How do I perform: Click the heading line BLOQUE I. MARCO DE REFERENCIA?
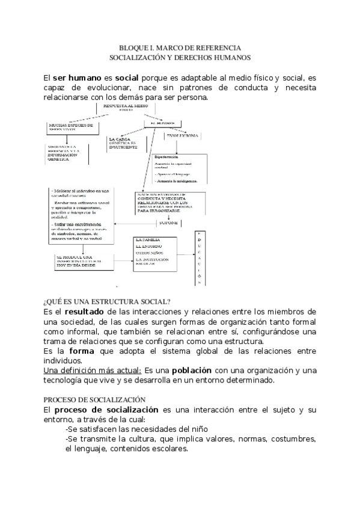pyautogui.click(x=180, y=47)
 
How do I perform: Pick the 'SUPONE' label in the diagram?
pyautogui.click(x=168, y=223)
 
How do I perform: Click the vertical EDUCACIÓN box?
pyautogui.click(x=200, y=258)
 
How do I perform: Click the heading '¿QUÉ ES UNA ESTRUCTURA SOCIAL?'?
pyautogui.click(x=106, y=301)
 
